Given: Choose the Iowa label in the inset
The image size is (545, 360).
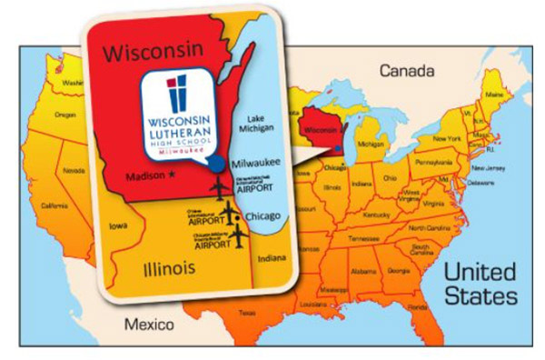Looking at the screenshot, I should click(117, 225).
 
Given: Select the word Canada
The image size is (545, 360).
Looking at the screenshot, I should click(402, 70).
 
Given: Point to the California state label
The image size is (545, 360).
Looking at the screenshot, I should click(54, 206).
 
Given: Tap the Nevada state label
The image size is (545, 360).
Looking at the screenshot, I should click(73, 170).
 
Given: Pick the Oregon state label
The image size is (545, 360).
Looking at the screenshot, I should click(65, 115).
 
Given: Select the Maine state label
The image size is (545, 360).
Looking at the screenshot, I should click(493, 95).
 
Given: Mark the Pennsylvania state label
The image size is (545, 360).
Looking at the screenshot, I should click(433, 161).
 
